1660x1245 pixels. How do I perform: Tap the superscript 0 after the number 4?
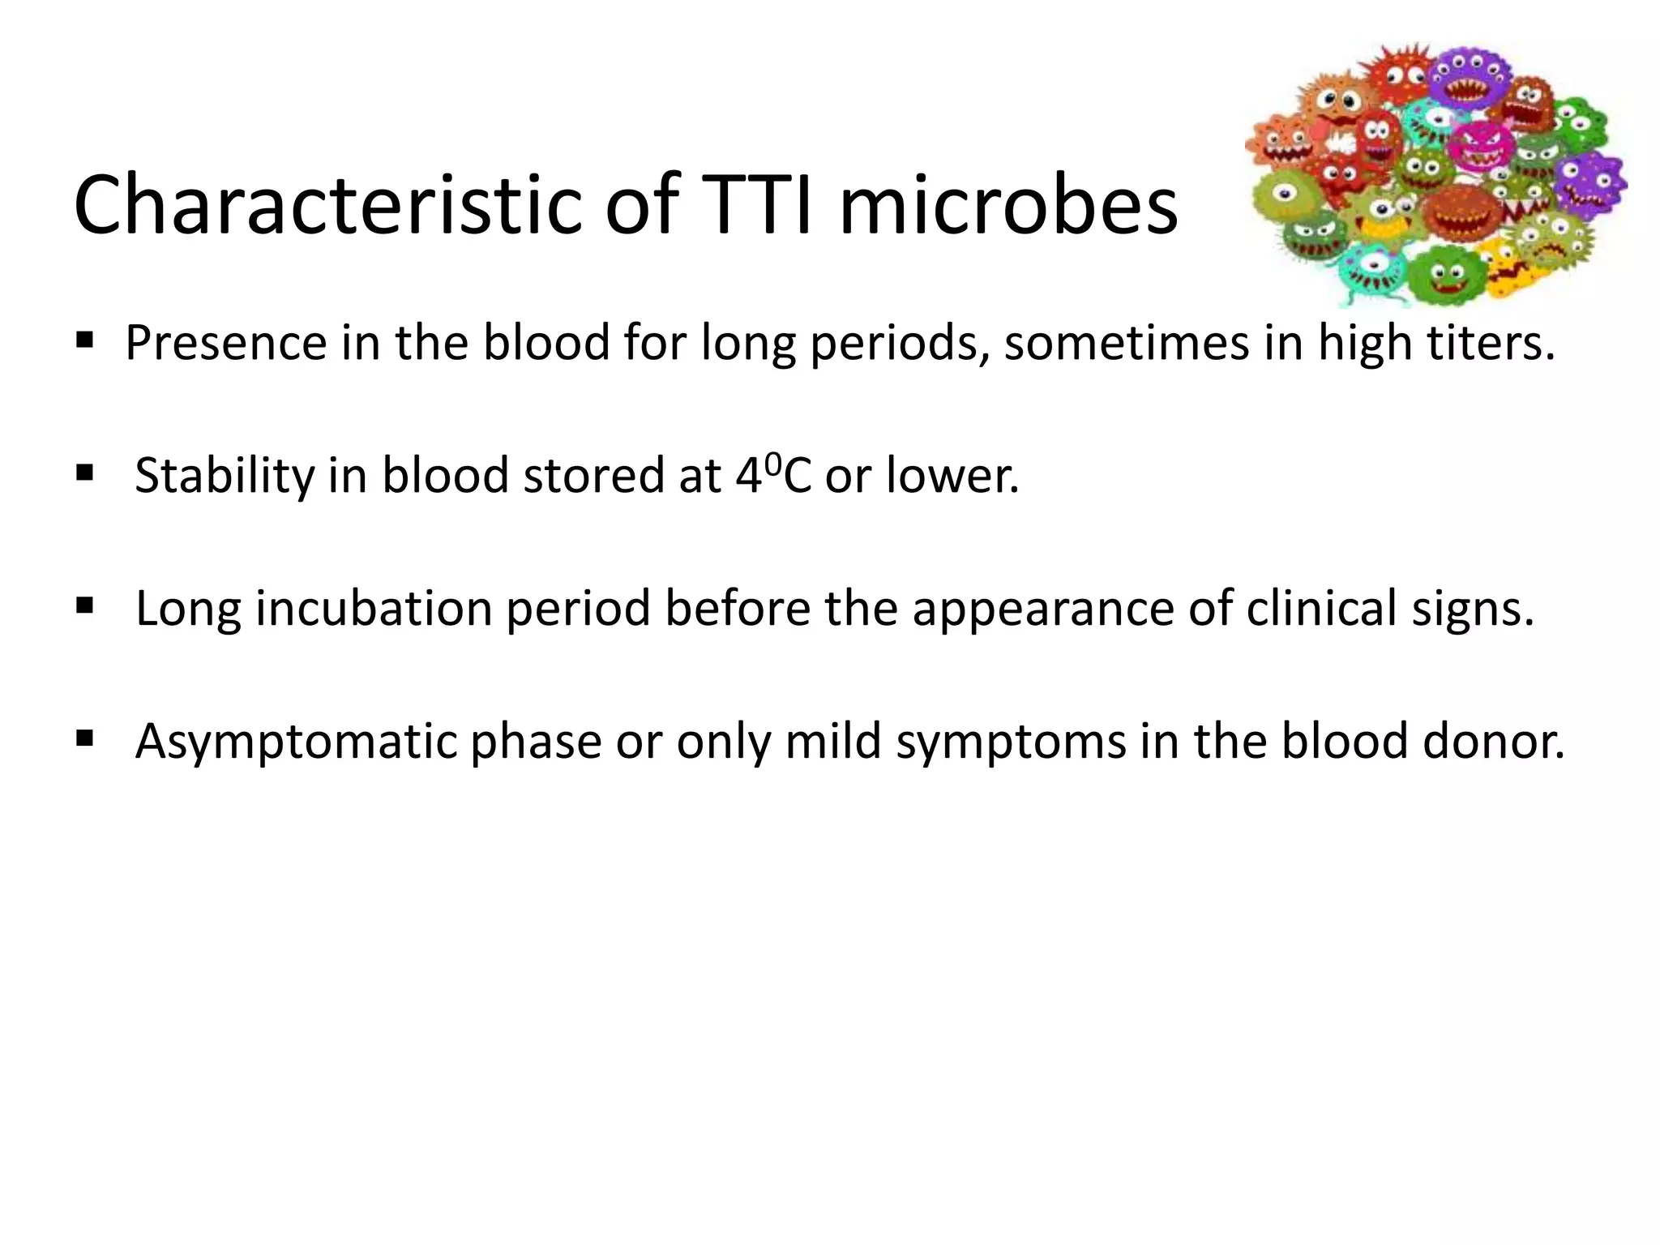coord(772,464)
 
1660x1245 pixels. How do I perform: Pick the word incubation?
coord(374,609)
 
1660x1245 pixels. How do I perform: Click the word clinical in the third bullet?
coord(1321,609)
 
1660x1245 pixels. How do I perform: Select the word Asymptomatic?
coord(296,742)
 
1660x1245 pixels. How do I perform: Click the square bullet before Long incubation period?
coord(84,605)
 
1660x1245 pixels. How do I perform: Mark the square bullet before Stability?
coord(84,473)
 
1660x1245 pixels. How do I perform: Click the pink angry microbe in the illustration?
coord(1482,148)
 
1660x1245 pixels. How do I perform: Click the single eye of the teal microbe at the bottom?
coord(1373,264)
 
